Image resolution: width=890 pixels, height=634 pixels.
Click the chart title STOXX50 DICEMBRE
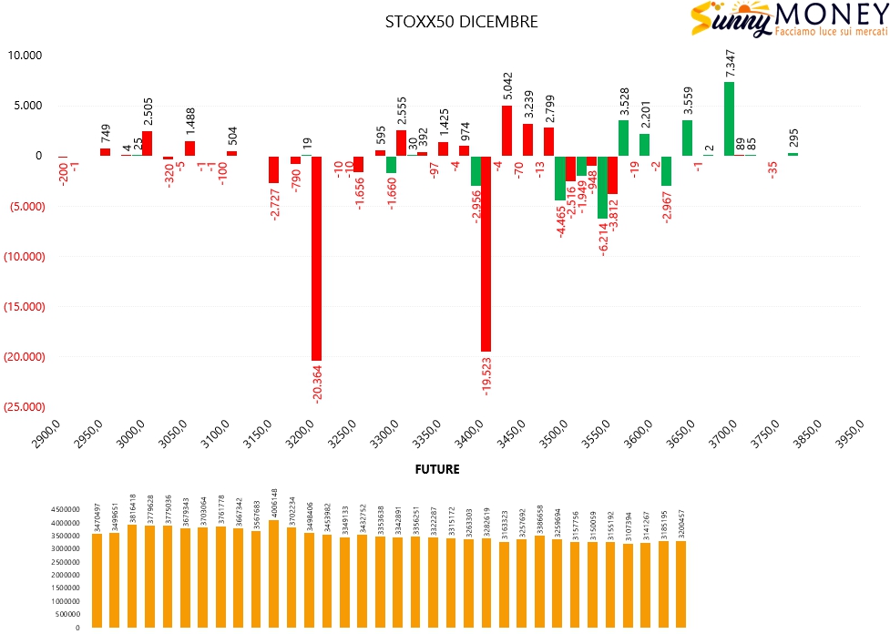click(x=461, y=21)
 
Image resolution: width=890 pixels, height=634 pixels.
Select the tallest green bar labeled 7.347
click(x=729, y=118)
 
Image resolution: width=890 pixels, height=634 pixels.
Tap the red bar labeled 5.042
click(x=506, y=130)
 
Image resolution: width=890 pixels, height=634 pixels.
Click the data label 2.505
click(x=148, y=109)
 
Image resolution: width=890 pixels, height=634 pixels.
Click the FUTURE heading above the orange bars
click(x=437, y=470)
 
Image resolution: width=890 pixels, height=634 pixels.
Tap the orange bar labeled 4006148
click(x=273, y=574)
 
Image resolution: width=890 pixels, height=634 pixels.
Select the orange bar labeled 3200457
click(x=680, y=584)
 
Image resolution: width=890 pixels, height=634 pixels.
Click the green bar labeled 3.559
click(x=687, y=138)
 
